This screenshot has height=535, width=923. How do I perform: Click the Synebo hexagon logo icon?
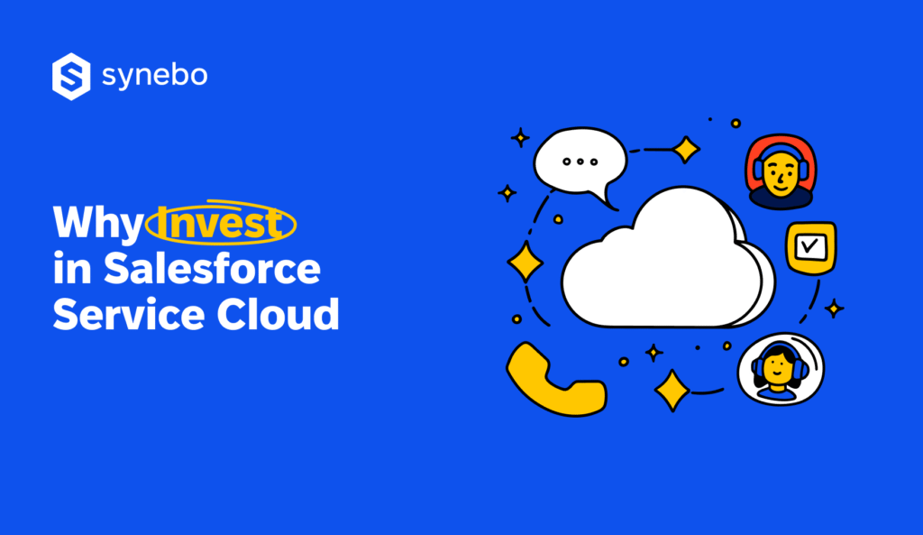coord(71,76)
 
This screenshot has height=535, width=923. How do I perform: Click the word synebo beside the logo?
coord(154,77)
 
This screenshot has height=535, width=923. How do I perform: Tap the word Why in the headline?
coord(96,224)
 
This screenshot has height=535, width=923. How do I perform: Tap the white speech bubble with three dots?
coord(580,163)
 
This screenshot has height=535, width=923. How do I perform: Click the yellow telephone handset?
coord(553,380)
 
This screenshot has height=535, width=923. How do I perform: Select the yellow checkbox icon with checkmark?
coord(811,246)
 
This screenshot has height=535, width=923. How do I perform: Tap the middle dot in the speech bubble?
coord(580,161)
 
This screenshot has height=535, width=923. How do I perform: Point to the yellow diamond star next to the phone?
coord(672,391)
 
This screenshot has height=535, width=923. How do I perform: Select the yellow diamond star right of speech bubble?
coord(686,149)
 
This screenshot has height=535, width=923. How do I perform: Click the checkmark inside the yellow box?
coord(811,244)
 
